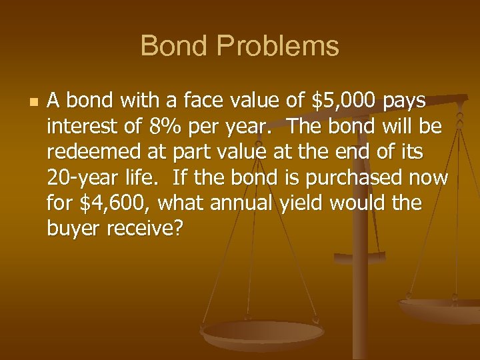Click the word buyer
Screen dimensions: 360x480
(71, 227)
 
